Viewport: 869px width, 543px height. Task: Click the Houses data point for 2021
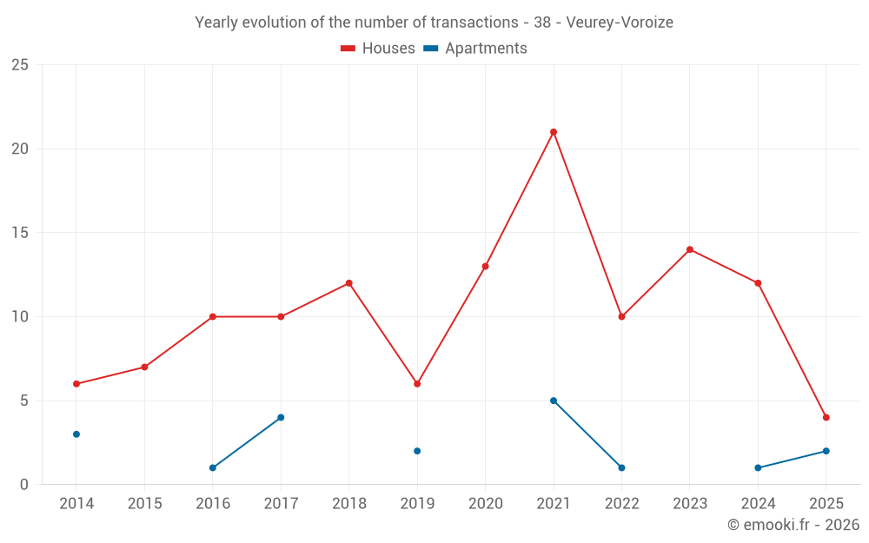pyautogui.click(x=554, y=132)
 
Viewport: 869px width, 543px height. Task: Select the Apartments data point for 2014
pyautogui.click(x=76, y=434)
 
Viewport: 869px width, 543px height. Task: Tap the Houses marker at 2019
pyautogui.click(x=417, y=384)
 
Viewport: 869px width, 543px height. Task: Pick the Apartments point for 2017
pyautogui.click(x=281, y=418)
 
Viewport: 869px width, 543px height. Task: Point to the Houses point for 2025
pyautogui.click(x=826, y=418)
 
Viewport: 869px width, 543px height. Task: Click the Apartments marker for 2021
pyautogui.click(x=554, y=401)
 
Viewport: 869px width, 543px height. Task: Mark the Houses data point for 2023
pyautogui.click(x=690, y=249)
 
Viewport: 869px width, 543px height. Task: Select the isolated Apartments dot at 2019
pyautogui.click(x=417, y=451)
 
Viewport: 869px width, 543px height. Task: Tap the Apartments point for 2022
pyautogui.click(x=621, y=468)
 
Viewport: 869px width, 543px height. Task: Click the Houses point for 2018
pyautogui.click(x=349, y=283)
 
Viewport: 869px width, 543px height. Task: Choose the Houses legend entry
pyautogui.click(x=378, y=49)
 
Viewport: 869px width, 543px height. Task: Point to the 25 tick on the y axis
pyautogui.click(x=19, y=65)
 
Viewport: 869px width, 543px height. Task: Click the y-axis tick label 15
pyautogui.click(x=19, y=233)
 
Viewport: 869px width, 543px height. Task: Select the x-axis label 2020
pyautogui.click(x=485, y=504)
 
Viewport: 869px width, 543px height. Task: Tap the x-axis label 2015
pyautogui.click(x=144, y=504)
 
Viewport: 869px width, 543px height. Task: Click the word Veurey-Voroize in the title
pyautogui.click(x=619, y=23)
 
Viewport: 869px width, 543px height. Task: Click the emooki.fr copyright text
pyautogui.click(x=793, y=525)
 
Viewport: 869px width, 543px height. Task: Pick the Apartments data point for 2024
pyautogui.click(x=758, y=468)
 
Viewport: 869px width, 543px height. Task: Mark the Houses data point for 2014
pyautogui.click(x=76, y=384)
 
